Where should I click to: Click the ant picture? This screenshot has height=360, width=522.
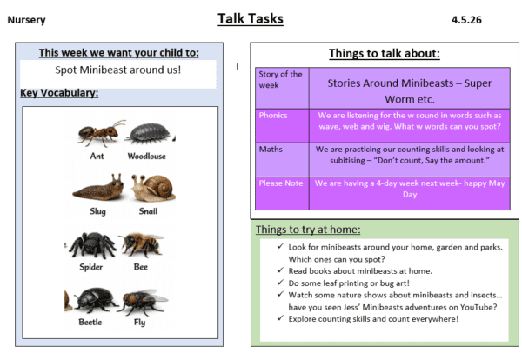point(97,134)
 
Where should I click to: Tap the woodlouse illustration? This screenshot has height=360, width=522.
point(145,134)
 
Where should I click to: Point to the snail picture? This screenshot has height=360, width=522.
point(147,188)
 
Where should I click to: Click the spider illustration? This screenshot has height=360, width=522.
point(93,245)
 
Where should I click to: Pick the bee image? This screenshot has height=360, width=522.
point(141,244)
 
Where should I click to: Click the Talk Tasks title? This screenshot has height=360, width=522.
point(260,18)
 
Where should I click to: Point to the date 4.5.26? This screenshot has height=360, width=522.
point(466,19)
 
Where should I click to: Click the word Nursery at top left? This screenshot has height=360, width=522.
point(26,19)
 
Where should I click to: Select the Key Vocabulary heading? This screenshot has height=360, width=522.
point(58,93)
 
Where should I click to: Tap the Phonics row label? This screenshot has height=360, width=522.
point(272,115)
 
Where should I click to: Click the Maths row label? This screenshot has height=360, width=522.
point(271,149)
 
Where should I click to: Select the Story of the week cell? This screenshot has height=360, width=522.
point(280,79)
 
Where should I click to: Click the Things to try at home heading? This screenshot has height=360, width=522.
point(308,230)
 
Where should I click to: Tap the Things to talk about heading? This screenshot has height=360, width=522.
point(384,54)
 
